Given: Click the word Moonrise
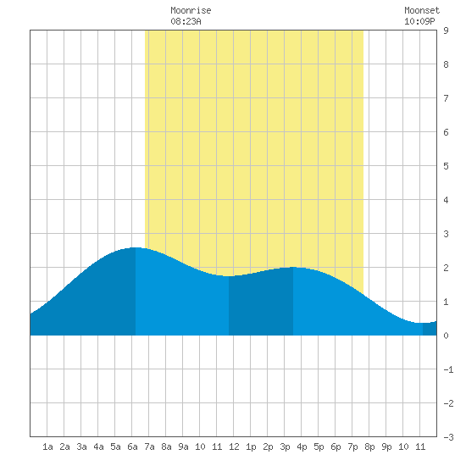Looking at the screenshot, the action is click(191, 10).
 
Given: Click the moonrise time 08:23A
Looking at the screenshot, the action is click(186, 21).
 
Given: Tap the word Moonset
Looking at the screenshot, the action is click(422, 10).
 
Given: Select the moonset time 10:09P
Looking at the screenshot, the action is click(419, 21).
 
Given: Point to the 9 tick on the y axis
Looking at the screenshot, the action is click(446, 31).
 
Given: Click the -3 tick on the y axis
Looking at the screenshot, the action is click(448, 437).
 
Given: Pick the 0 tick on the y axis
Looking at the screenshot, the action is click(446, 336).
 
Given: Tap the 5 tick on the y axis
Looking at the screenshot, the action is click(446, 166).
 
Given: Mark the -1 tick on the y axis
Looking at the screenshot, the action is click(448, 369).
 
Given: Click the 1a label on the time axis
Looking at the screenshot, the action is click(47, 447).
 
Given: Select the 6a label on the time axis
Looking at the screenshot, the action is click(132, 447).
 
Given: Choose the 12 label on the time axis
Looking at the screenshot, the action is click(234, 447).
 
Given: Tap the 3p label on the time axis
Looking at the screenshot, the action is click(285, 447).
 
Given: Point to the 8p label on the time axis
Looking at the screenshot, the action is click(369, 447).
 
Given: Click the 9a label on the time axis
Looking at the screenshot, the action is click(183, 447).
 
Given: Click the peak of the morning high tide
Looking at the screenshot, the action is click(136, 247).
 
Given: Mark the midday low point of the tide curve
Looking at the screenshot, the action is click(229, 276).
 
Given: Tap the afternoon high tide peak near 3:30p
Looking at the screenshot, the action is click(293, 268).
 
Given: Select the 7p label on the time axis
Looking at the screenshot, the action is click(352, 447).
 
